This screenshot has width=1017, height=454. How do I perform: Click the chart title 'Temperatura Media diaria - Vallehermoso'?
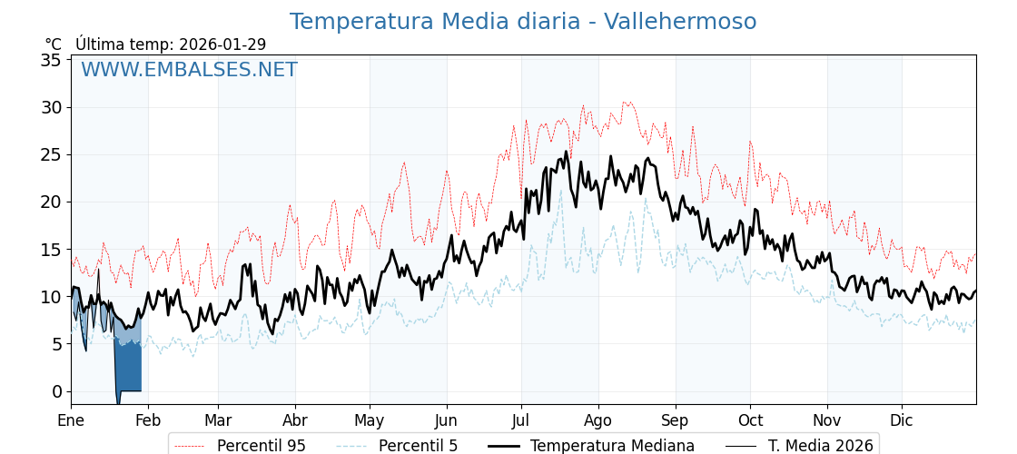[x=522, y=22]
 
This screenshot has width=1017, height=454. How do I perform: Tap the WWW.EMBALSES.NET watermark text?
[x=189, y=70]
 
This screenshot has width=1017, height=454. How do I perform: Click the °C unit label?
[x=53, y=44]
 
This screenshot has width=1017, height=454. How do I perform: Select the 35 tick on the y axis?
[x=51, y=61]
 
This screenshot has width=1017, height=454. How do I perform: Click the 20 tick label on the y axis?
[x=51, y=202]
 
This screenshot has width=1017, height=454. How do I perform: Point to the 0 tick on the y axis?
[x=56, y=391]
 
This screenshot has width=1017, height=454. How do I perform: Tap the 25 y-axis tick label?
[x=51, y=155]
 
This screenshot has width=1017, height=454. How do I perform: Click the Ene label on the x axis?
[x=71, y=420]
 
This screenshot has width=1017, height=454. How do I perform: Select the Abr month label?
[x=295, y=420]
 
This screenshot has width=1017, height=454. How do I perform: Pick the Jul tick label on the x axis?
[x=521, y=420]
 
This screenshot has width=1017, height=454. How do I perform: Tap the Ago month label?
[x=598, y=420]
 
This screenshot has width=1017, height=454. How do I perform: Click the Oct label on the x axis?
[x=750, y=420]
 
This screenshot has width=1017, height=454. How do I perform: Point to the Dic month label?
[x=902, y=420]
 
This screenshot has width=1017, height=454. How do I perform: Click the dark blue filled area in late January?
[x=128, y=368]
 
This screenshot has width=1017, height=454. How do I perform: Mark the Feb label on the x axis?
[x=148, y=420]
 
